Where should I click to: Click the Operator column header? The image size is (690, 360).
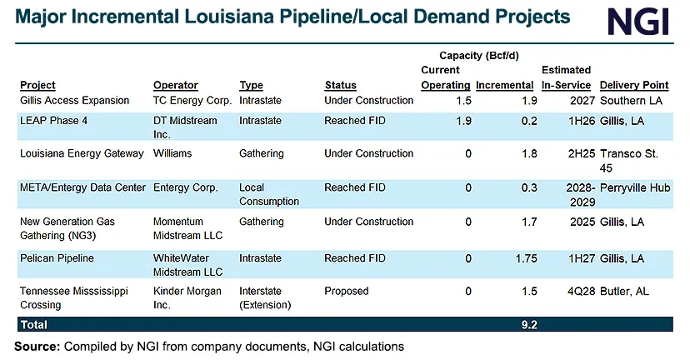(x=175, y=85)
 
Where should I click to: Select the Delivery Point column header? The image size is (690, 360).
(x=633, y=85)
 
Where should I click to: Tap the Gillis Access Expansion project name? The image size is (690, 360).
(x=74, y=100)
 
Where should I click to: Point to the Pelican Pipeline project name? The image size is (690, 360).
(x=57, y=258)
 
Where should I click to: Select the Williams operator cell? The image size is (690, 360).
(x=172, y=153)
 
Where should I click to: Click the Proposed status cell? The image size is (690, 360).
(x=346, y=292)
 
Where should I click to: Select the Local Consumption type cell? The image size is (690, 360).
(x=268, y=194)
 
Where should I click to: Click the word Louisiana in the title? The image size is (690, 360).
(x=250, y=17)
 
